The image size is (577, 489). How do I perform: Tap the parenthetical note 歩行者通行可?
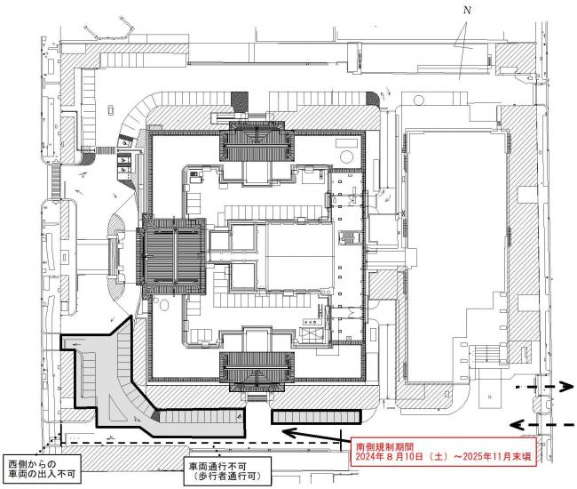(223, 477)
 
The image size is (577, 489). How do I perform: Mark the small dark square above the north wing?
(238, 100)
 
